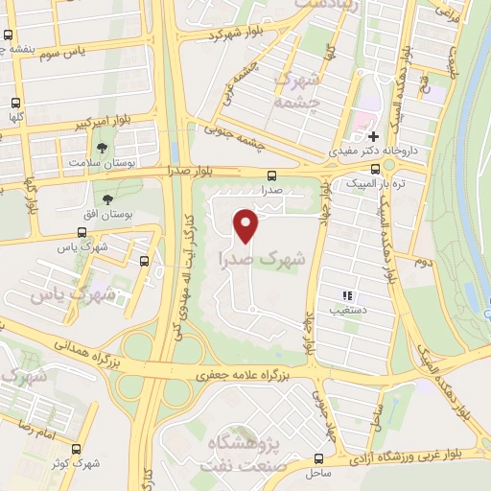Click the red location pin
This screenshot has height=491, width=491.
tap(247, 226)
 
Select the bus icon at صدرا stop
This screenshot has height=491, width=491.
tap(272, 175)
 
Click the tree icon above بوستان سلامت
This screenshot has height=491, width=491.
tap(102, 148)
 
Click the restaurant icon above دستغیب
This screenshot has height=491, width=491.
tap(348, 295)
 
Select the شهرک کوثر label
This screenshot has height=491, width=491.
tap(104, 463)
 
